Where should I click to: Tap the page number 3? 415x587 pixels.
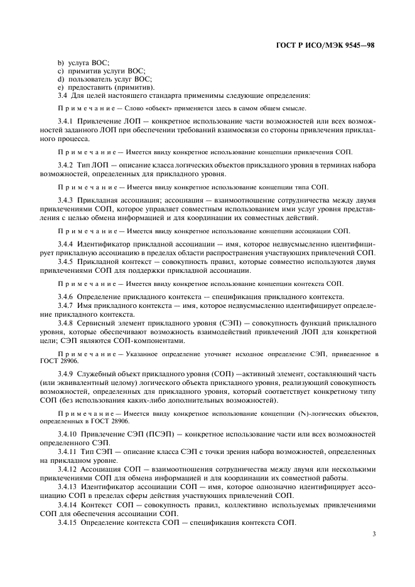[x=374, y=534]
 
